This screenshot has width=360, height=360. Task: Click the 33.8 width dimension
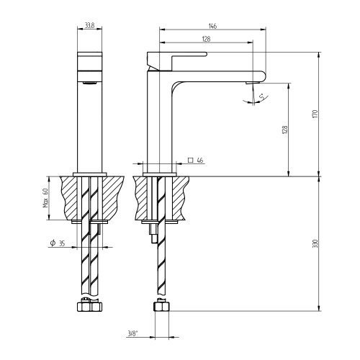tap(89, 24)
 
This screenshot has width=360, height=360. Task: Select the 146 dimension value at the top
tap(212, 25)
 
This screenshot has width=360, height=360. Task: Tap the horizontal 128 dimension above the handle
tap(206, 38)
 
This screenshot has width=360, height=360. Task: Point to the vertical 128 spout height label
tap(285, 130)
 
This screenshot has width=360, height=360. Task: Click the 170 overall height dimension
tap(315, 114)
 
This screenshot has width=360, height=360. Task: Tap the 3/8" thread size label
tap(132, 333)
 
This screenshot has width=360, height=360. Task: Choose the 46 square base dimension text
tap(200, 160)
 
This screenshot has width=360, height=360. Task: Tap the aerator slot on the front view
tap(89, 84)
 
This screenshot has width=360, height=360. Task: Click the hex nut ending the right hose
tap(163, 305)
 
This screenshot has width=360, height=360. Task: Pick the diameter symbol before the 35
tap(53, 244)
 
